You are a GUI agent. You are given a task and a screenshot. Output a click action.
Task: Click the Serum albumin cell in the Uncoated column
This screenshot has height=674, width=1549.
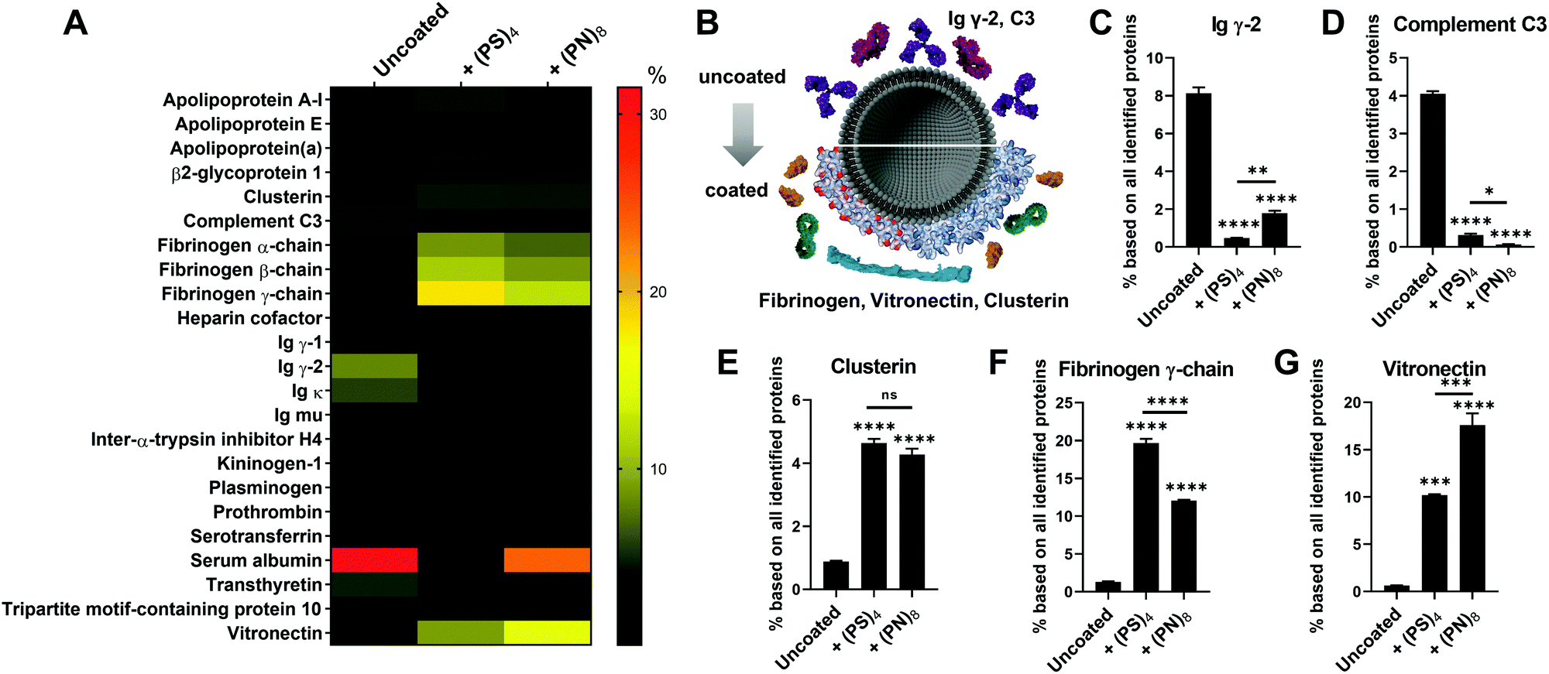(x=374, y=560)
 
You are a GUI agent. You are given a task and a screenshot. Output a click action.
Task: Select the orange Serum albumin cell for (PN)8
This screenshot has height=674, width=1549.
(x=547, y=560)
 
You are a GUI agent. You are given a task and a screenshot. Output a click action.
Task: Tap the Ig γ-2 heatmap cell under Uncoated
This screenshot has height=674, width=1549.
(x=374, y=366)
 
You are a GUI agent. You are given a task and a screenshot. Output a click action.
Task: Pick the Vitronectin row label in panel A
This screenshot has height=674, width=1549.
(x=274, y=633)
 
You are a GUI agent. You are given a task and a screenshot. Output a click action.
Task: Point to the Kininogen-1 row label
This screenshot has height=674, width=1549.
(x=269, y=464)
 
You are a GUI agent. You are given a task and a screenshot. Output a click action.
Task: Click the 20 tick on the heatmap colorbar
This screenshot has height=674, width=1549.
(x=658, y=292)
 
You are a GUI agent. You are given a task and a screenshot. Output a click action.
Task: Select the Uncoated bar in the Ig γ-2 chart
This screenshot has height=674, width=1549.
(x=1199, y=170)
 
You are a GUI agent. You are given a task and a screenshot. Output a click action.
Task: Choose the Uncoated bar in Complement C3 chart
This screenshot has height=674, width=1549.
(x=1432, y=170)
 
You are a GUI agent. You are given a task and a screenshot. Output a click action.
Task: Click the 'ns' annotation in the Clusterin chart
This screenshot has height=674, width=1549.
(x=889, y=395)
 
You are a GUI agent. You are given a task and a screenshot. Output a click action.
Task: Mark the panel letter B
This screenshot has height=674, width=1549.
(x=707, y=23)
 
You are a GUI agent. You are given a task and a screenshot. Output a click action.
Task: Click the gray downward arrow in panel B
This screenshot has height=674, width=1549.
(x=743, y=134)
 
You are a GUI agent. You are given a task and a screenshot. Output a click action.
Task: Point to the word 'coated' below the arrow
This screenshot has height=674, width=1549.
(x=736, y=190)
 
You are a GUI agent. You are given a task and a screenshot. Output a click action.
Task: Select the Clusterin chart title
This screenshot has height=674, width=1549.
(x=873, y=366)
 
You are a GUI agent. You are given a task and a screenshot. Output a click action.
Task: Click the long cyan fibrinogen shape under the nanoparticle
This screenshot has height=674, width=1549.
(x=898, y=265)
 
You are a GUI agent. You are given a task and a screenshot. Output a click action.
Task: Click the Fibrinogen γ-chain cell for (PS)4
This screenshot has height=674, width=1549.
(x=460, y=293)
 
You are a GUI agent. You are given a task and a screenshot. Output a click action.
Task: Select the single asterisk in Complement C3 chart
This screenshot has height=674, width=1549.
(x=1488, y=191)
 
